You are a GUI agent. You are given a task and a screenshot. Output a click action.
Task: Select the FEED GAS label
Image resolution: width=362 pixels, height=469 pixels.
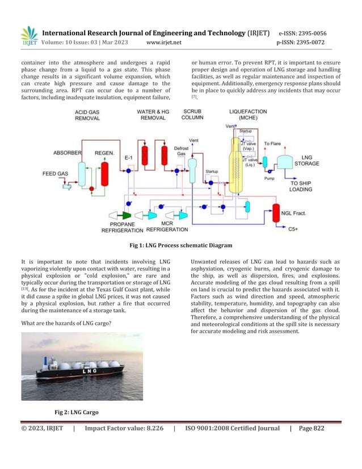(x=55, y=173)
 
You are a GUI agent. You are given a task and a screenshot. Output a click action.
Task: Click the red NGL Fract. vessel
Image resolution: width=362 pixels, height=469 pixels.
(x=277, y=212)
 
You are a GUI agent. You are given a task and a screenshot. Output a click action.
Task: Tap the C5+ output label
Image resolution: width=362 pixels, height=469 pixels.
(x=293, y=229)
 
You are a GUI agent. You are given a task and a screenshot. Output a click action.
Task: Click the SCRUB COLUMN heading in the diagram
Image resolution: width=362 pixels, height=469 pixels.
(x=193, y=115)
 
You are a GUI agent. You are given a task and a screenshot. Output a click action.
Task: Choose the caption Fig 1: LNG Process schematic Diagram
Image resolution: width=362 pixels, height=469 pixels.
(x=180, y=245)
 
